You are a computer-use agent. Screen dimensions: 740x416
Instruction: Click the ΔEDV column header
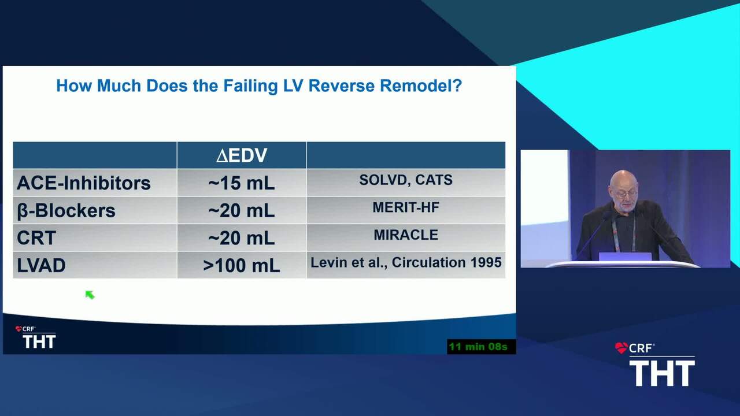[x=242, y=155]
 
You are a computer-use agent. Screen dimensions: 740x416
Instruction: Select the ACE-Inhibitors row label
[x=84, y=183]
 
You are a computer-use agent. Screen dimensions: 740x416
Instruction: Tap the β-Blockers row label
[x=66, y=211]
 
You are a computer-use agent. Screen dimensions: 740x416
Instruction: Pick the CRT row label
[x=36, y=237]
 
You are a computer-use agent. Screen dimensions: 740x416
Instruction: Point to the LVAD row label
[x=41, y=265]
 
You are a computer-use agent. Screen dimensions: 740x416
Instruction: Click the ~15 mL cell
[x=242, y=183]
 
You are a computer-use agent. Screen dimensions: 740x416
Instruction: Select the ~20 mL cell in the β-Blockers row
[x=242, y=211]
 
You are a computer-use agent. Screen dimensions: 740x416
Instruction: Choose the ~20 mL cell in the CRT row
[x=242, y=238]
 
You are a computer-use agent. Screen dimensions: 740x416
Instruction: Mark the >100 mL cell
[x=242, y=265]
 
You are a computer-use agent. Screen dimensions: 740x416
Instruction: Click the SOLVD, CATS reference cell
[x=406, y=180]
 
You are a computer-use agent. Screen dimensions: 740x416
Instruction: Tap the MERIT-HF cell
[x=406, y=207]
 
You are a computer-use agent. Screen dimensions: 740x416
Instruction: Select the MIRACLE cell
[x=406, y=235]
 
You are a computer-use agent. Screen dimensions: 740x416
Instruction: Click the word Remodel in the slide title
[x=420, y=86]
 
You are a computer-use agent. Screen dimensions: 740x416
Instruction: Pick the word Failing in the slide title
[x=250, y=86]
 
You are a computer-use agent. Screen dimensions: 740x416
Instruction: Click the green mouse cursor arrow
[x=90, y=295]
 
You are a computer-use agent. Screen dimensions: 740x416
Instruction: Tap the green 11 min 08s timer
[x=478, y=347]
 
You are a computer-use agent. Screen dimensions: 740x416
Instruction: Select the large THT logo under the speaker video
[x=662, y=373]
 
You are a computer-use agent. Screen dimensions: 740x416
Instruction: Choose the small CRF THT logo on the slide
[x=36, y=337]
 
